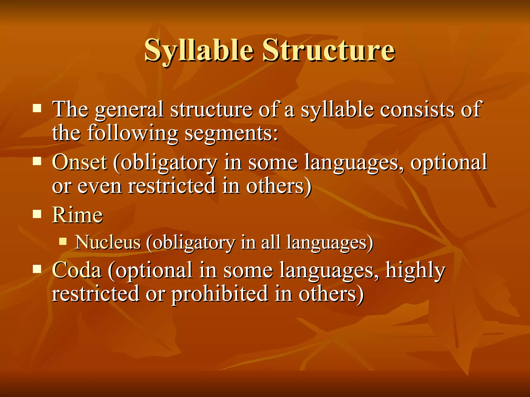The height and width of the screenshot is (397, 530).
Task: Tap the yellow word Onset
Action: click(79, 163)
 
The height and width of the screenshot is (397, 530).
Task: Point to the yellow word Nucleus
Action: click(108, 243)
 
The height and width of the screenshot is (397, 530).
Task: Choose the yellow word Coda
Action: click(77, 270)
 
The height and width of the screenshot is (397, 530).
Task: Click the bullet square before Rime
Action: click(37, 214)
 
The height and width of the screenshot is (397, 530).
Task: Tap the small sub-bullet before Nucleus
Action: click(63, 242)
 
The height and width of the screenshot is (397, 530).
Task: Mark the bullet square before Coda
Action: click(37, 269)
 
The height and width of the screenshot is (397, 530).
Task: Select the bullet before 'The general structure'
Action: click(37, 108)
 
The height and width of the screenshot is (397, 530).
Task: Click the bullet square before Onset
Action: click(37, 162)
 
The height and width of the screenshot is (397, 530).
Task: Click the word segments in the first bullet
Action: click(231, 134)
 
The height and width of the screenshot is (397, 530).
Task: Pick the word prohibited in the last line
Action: click(220, 294)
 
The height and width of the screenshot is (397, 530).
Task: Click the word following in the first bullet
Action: click(133, 134)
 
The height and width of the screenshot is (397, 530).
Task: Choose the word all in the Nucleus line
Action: click(271, 243)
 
